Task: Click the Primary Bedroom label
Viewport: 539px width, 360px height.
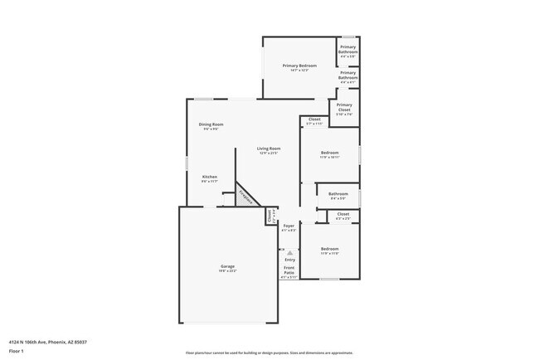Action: [299, 66]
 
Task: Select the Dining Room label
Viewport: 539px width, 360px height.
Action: [212, 124]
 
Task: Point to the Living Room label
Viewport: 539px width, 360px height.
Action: [269, 148]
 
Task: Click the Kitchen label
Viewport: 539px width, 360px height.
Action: [211, 177]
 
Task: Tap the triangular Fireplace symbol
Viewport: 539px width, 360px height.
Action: [244, 197]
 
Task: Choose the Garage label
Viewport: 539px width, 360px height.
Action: [227, 266]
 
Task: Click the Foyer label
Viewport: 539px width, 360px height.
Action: [289, 226]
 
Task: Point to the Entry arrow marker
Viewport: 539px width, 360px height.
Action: [289, 251]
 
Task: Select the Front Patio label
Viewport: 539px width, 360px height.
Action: [289, 270]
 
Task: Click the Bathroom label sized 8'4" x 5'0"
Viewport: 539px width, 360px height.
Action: [338, 194]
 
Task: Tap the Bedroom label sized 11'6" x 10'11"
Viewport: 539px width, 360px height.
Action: [330, 153]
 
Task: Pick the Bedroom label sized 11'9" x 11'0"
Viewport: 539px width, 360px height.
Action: [330, 249]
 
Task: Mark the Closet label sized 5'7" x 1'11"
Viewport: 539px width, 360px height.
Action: [314, 119]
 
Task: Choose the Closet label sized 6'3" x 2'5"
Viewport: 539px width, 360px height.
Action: [343, 214]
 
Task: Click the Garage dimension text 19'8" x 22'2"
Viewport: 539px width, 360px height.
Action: [227, 271]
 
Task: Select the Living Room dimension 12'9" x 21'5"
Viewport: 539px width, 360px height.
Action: [269, 153]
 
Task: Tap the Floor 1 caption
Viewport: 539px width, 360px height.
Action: [17, 350]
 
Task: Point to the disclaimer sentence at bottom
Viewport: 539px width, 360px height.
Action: [269, 353]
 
